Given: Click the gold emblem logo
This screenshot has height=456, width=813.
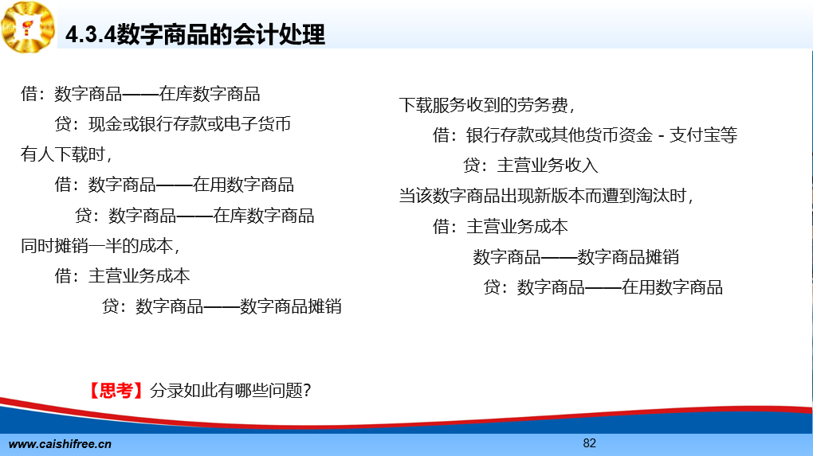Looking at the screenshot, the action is [28, 27].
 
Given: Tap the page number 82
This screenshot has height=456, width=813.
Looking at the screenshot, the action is [590, 443].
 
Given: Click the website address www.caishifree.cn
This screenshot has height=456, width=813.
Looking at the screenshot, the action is [60, 444].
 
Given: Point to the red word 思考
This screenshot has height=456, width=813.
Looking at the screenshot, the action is [116, 390].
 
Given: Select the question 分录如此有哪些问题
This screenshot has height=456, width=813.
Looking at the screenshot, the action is [226, 390].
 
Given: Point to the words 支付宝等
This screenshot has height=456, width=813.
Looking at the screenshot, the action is [703, 135].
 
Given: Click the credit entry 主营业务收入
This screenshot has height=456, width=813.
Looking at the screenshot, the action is [548, 166].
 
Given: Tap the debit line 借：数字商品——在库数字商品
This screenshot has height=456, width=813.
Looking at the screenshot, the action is [140, 94].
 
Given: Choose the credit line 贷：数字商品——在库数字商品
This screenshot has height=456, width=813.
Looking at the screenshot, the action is [194, 216].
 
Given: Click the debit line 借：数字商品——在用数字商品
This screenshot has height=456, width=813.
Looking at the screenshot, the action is [175, 185].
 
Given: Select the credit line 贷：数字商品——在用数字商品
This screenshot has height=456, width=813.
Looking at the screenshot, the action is [603, 287].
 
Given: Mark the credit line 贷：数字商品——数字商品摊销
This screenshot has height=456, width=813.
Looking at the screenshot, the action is [222, 306].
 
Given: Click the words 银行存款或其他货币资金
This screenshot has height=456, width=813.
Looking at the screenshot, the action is [560, 135].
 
